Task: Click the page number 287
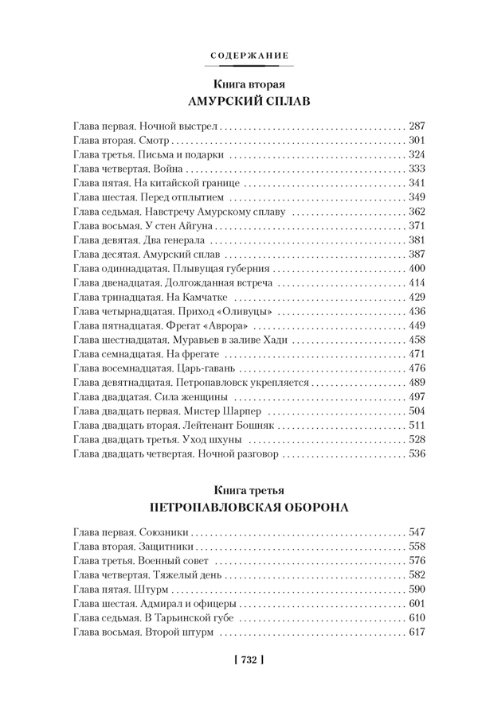417,126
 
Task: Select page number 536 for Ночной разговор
417,454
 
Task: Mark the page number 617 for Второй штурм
417,632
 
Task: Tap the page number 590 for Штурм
417,589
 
